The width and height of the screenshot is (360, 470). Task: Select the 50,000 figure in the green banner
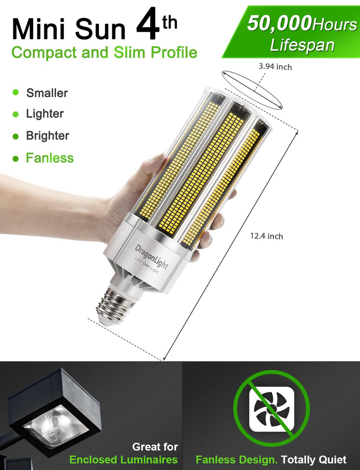tap(279, 24)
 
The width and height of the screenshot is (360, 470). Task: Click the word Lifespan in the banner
tap(302, 45)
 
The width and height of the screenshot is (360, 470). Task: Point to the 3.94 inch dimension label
tap(275, 67)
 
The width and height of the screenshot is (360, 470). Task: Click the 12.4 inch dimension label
tap(266, 236)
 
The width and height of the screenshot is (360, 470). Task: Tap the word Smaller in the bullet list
tap(47, 93)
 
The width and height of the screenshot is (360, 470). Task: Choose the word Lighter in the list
tap(45, 114)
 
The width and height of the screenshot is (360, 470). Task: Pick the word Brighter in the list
tap(47, 136)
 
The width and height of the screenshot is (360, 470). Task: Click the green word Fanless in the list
tap(50, 158)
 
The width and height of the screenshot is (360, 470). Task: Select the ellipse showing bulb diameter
tap(252, 90)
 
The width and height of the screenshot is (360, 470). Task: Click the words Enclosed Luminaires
tap(123, 459)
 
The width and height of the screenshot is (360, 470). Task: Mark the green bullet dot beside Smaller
tap(16, 92)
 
